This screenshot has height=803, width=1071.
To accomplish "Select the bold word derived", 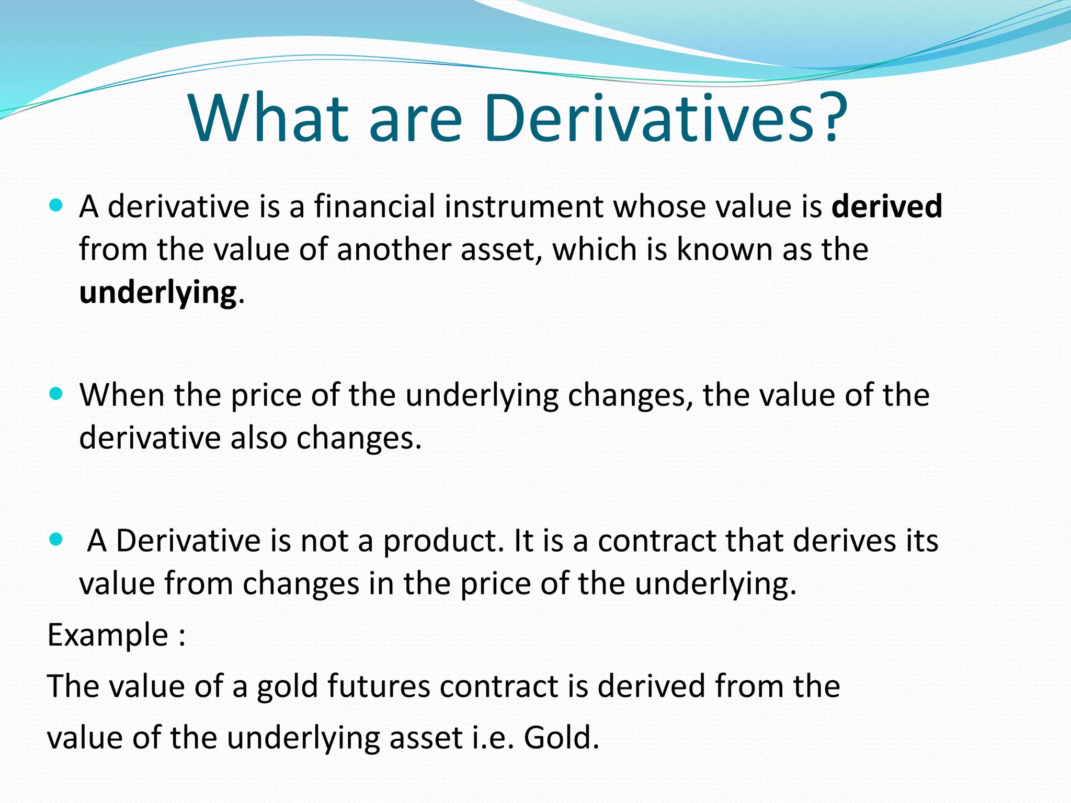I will click(x=887, y=206).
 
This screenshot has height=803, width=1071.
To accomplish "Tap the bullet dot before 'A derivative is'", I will click(x=55, y=205).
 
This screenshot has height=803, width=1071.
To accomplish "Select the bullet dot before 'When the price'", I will click(x=55, y=393).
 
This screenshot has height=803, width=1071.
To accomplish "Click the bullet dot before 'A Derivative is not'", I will click(x=55, y=539).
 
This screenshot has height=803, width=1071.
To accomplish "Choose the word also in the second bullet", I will click(x=259, y=438).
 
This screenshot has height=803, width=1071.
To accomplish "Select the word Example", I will click(x=108, y=635).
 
